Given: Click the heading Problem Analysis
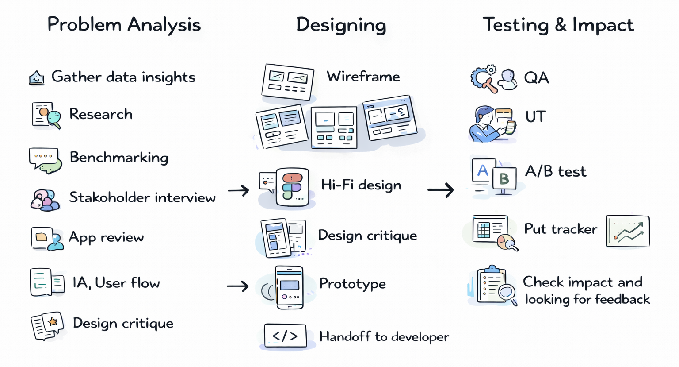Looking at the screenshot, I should (x=124, y=25).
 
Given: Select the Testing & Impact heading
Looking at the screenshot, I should (x=558, y=25).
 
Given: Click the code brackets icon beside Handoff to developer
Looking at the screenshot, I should (x=285, y=336).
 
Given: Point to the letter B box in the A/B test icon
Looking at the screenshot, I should (x=504, y=179).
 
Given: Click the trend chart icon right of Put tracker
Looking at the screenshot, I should (x=627, y=231).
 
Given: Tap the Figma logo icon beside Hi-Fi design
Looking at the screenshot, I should (x=292, y=186).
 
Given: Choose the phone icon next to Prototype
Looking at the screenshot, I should (x=290, y=287).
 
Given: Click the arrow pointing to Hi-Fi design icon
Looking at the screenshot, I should (x=239, y=191).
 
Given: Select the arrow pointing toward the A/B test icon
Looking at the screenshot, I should (x=441, y=190).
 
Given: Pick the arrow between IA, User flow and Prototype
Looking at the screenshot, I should (x=238, y=286).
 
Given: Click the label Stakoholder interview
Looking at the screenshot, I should (x=142, y=197).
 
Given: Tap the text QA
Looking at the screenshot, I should (x=536, y=78).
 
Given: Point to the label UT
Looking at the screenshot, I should (x=535, y=117).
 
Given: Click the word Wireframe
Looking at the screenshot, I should (x=363, y=77).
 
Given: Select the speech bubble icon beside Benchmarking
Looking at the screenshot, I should (x=44, y=160).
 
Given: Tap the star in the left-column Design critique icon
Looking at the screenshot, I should (x=53, y=322).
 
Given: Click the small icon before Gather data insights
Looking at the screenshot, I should (x=37, y=78).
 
